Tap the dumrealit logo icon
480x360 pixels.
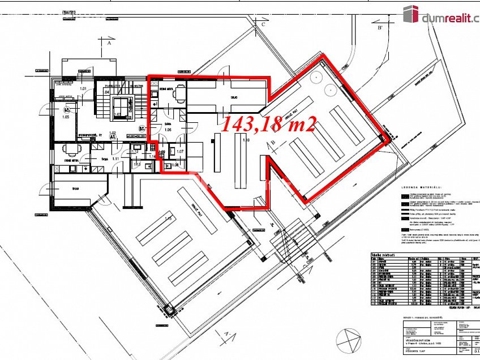tap(410, 14)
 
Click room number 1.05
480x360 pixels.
tap(66, 117)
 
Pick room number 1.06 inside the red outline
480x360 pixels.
tap(167, 130)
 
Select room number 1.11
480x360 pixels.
tap(115, 160)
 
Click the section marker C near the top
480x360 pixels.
tap(263, 25)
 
